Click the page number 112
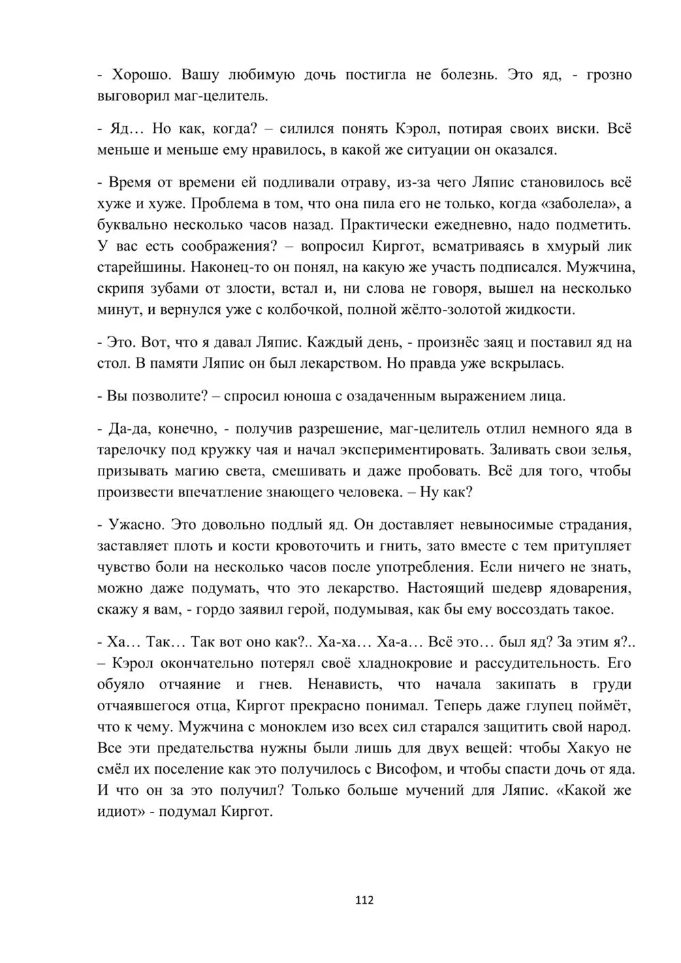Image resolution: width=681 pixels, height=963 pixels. click(x=364, y=900)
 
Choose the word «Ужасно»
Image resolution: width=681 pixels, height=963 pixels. click(x=136, y=525)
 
